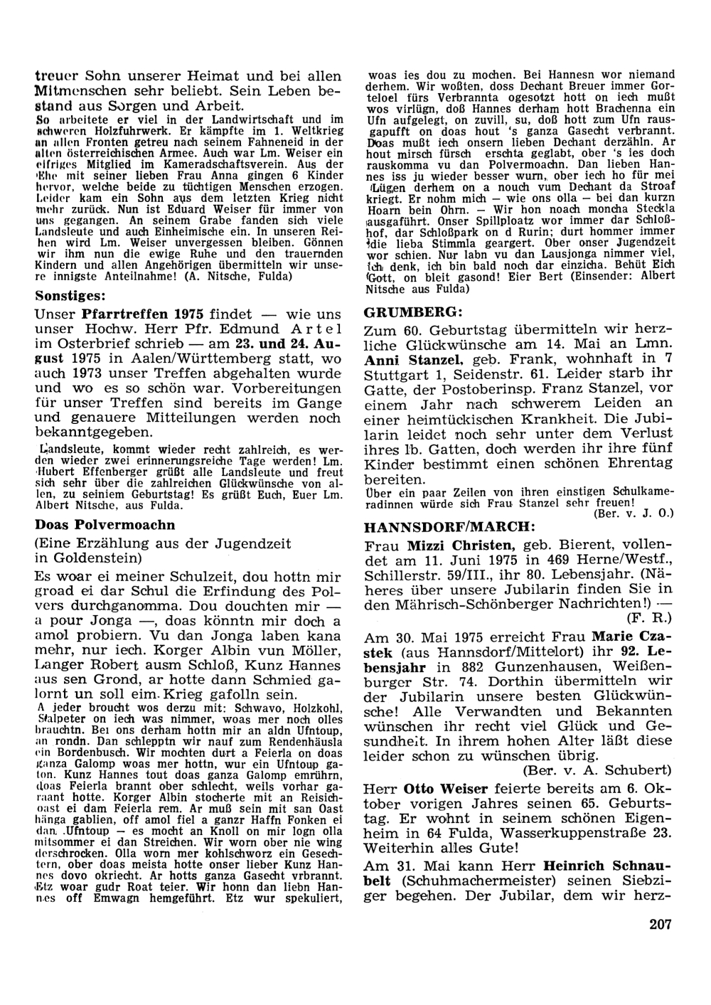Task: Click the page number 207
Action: point(660,924)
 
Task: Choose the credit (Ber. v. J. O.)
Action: point(632,511)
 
